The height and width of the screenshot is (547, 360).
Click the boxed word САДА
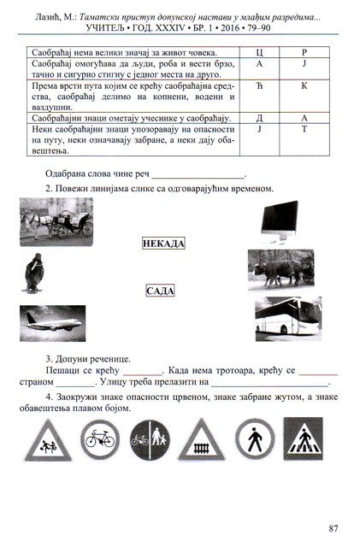[x=160, y=291]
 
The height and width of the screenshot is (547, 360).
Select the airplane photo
[x=52, y=323]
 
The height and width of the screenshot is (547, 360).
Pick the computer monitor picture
[x=280, y=221]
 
